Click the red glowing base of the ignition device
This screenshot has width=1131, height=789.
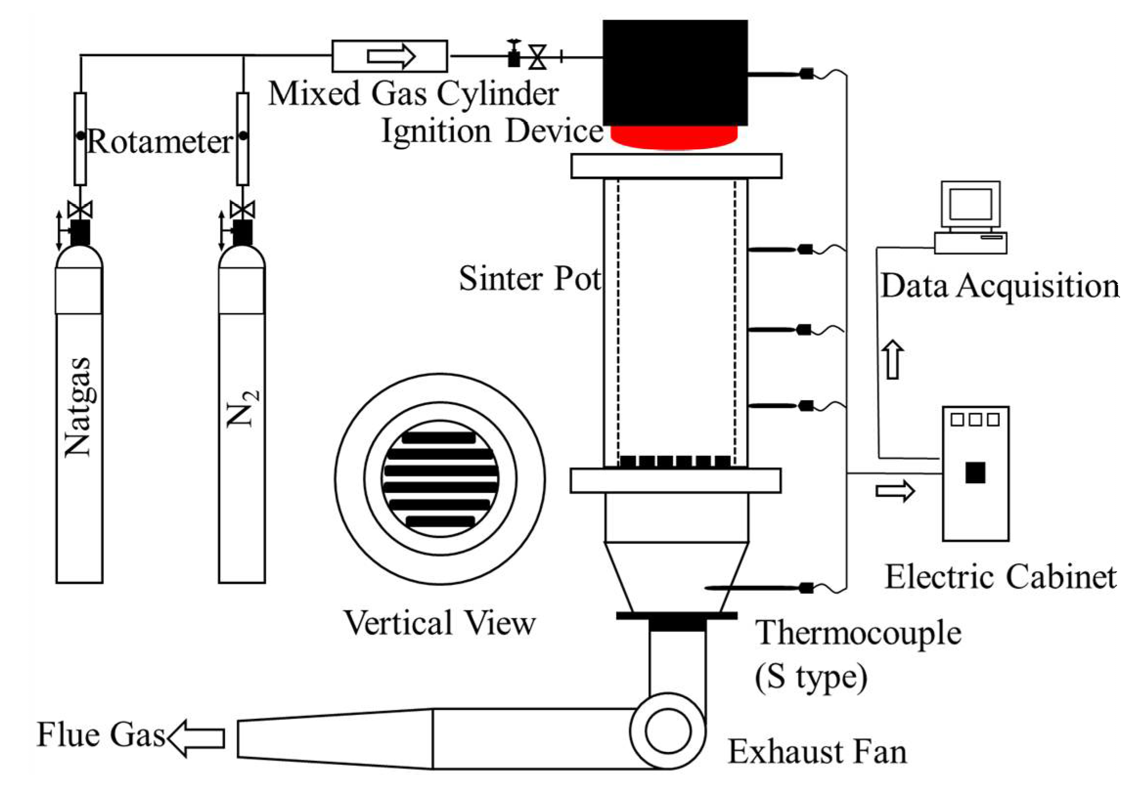coord(674,137)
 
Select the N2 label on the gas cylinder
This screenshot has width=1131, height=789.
coord(242,408)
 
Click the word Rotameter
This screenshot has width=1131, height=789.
coord(160,142)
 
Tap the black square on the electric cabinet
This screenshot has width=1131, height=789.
coord(975,472)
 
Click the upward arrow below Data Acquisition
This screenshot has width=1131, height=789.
coord(894,360)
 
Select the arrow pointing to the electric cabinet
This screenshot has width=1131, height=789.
coord(894,491)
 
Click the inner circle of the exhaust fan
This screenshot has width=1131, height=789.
coord(668,731)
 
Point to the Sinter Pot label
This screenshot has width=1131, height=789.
coord(530,278)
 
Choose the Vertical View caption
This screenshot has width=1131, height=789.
coord(440,623)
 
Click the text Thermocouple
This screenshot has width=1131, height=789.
coord(859,633)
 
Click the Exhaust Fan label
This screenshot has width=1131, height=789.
coord(817,751)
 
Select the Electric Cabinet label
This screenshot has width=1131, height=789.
coord(1000,577)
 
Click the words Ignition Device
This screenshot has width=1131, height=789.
coord(492,131)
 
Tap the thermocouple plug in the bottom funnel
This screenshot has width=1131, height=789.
coord(806,588)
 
